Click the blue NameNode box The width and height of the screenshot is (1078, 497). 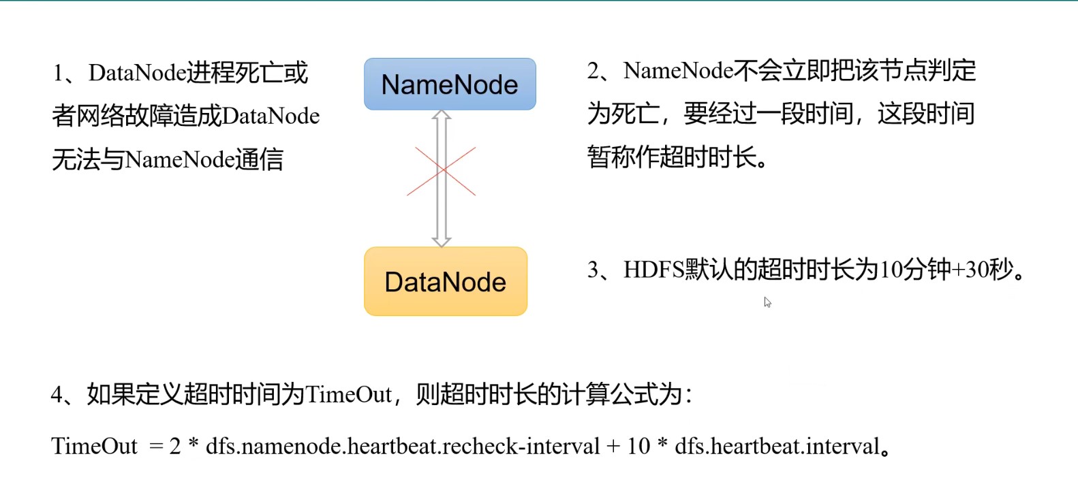450,84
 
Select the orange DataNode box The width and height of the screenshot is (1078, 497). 446,282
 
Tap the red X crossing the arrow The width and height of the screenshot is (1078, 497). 442,171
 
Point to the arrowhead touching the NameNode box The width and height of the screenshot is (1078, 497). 442,116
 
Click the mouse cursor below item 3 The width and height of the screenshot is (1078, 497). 767,302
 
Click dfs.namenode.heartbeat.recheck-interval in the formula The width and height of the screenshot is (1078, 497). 402,447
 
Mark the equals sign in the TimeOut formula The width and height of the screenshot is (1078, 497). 156,447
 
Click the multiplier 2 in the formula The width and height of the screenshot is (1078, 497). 175,447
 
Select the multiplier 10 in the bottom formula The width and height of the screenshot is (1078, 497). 638,447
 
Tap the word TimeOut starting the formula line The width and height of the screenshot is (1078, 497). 94,447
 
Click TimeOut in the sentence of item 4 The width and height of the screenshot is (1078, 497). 348,395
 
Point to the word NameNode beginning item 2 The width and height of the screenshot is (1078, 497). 678,71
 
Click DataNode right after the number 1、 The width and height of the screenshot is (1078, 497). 137,73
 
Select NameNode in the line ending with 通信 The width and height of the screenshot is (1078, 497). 180,160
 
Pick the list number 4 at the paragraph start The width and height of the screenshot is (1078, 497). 57,395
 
